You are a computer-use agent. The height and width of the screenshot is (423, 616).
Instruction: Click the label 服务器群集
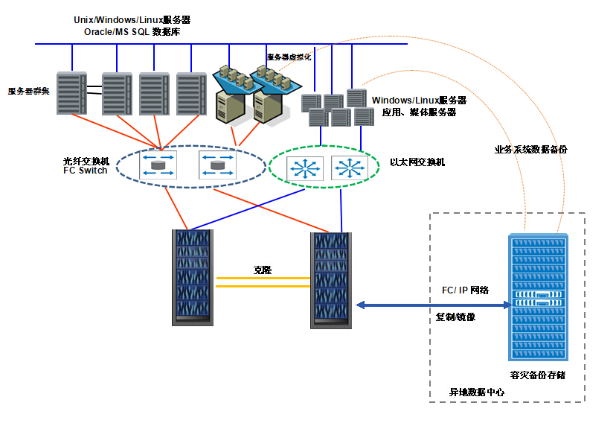click(28, 91)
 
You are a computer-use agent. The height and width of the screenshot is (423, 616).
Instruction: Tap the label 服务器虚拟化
click(289, 57)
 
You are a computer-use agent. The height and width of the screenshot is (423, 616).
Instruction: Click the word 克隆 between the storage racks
click(263, 270)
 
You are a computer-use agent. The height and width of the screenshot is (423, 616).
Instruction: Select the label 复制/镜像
click(455, 317)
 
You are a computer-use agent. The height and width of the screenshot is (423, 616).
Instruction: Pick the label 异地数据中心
click(476, 392)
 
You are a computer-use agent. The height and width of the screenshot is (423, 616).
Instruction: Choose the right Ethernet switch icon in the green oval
click(349, 167)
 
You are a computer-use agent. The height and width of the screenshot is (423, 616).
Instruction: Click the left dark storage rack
click(193, 277)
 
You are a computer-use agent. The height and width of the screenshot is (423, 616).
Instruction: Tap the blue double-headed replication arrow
click(431, 304)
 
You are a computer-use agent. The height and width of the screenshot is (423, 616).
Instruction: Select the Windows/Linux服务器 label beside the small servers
click(419, 100)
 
